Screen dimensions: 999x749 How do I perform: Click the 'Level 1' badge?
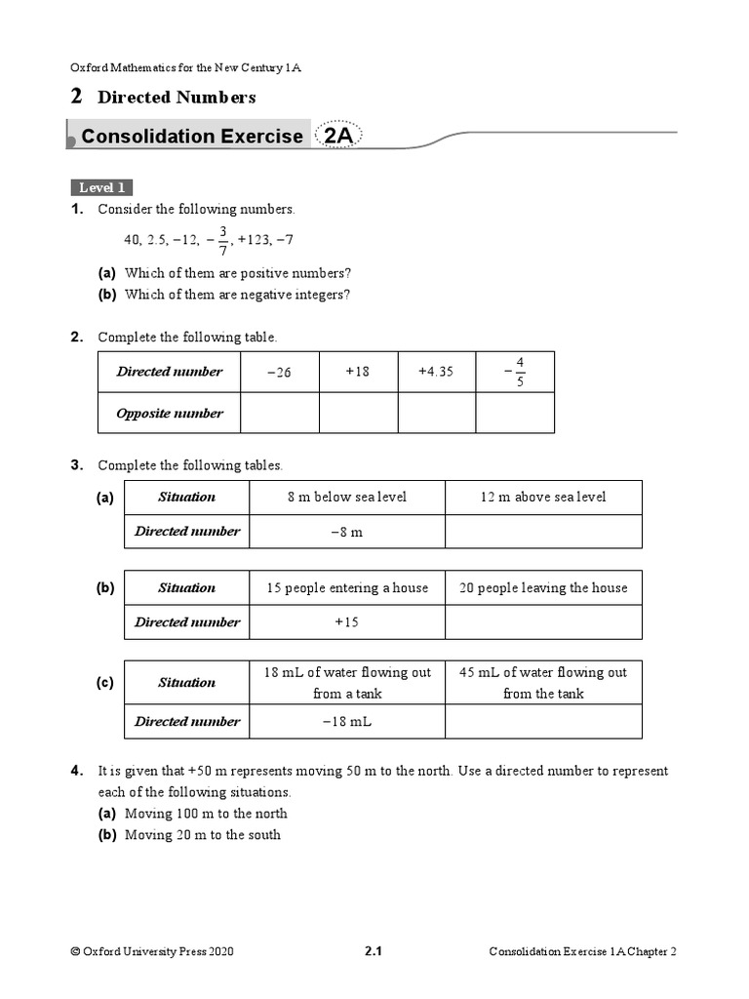(x=101, y=187)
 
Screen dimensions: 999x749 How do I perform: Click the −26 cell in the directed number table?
(x=279, y=372)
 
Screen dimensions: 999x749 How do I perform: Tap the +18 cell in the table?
(x=358, y=372)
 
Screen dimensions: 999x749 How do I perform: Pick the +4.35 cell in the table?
(x=436, y=372)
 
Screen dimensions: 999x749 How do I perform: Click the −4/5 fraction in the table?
(x=515, y=372)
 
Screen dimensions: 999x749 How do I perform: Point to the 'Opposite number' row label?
(x=170, y=413)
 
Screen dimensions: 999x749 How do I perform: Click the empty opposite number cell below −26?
(x=279, y=413)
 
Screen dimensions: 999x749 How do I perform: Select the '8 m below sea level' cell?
(x=347, y=497)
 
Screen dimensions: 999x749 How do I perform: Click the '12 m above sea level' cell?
(x=543, y=497)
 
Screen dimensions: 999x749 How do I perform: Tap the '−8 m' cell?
(x=347, y=532)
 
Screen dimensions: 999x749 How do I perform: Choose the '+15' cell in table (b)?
(x=347, y=622)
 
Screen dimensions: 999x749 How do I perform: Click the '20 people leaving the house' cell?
(x=543, y=587)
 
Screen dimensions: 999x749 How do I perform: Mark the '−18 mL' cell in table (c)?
(x=347, y=722)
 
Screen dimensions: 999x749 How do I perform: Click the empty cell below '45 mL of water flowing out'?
(x=543, y=722)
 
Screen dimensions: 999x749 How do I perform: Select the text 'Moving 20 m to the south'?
(x=203, y=835)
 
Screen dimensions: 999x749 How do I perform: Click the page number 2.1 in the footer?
(x=373, y=952)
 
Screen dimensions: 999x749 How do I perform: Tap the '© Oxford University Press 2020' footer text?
(x=152, y=952)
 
